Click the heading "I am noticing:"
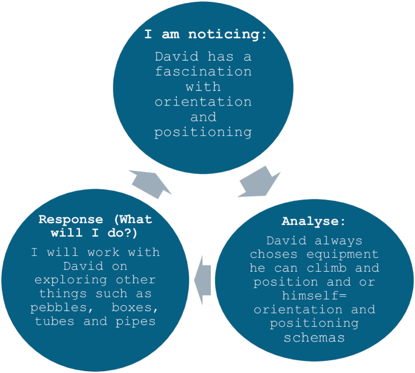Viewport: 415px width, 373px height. tap(205, 34)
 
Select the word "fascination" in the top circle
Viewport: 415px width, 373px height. tap(203, 72)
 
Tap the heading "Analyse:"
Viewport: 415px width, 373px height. tap(314, 221)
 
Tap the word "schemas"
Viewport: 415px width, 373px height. tap(314, 337)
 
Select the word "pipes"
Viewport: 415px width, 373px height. tap(137, 321)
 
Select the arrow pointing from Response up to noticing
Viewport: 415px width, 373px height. tap(149, 183)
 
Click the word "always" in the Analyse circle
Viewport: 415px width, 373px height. tap(342, 240)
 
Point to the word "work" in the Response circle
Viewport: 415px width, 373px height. tap(90, 252)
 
